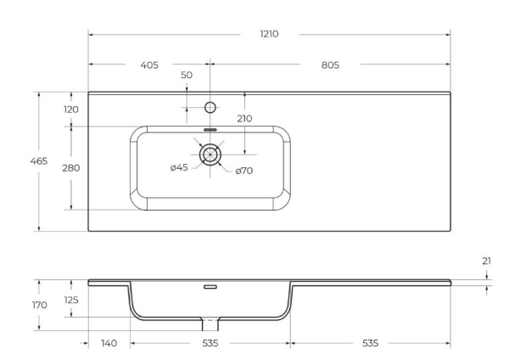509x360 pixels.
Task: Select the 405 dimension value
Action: [148, 65]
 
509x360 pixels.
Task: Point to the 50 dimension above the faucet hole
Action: [187, 76]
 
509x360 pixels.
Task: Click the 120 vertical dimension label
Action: [71, 109]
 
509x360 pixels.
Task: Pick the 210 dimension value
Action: [245, 118]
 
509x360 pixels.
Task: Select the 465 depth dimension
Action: [39, 160]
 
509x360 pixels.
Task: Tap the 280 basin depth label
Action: [71, 168]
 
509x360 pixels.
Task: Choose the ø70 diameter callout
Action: [244, 171]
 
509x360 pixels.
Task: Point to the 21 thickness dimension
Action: [486, 262]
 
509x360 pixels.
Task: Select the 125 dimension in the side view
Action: [71, 299]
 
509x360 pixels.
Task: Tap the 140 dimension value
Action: [108, 343]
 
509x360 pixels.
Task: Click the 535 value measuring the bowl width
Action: [210, 343]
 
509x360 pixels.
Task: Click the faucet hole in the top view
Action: [210, 108]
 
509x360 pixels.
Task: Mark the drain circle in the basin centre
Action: [210, 155]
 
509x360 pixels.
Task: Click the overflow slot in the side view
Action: [210, 287]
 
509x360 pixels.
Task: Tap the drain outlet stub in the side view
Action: [210, 325]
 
